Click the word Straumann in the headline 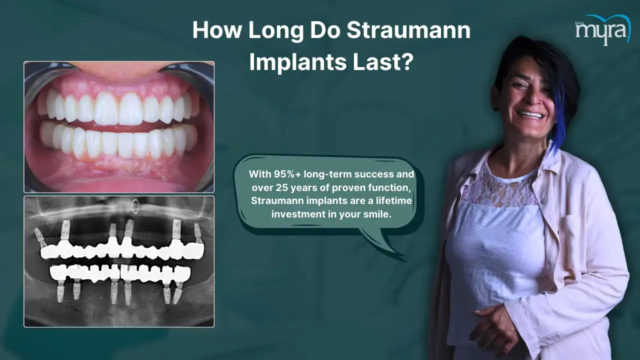pyautogui.click(x=408, y=30)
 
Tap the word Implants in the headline pyautogui.click(x=297, y=62)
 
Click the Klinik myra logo pyautogui.click(x=602, y=29)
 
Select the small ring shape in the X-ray pyautogui.click(x=135, y=206)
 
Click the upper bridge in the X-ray pyautogui.click(x=122, y=250)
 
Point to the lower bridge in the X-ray pyautogui.click(x=120, y=273)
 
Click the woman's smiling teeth pyautogui.click(x=531, y=115)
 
